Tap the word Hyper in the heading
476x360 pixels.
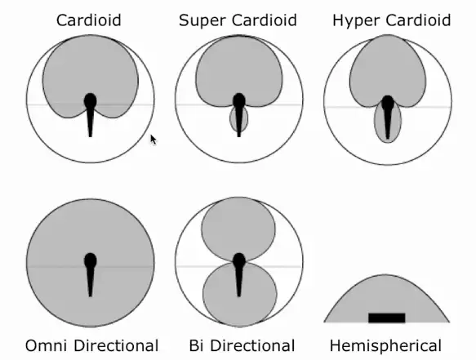point(356,20)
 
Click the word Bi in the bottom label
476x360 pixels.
point(196,345)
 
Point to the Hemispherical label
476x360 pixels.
point(385,346)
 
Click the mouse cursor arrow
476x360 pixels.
point(153,140)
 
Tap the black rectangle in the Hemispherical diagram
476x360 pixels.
point(387,318)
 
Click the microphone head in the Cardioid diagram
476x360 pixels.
point(90,101)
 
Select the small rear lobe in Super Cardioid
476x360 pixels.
point(238,119)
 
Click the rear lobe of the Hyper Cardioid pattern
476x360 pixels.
point(387,122)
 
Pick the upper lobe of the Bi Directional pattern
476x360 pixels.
point(238,229)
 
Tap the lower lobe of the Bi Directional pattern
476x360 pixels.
point(239,294)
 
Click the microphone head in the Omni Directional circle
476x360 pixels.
point(90,260)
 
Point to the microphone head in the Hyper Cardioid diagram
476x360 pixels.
point(388,103)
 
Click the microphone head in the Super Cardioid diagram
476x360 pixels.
point(239,101)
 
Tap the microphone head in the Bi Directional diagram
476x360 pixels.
point(239,260)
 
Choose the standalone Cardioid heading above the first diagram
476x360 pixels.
point(89,20)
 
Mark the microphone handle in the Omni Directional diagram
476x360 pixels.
point(90,282)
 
